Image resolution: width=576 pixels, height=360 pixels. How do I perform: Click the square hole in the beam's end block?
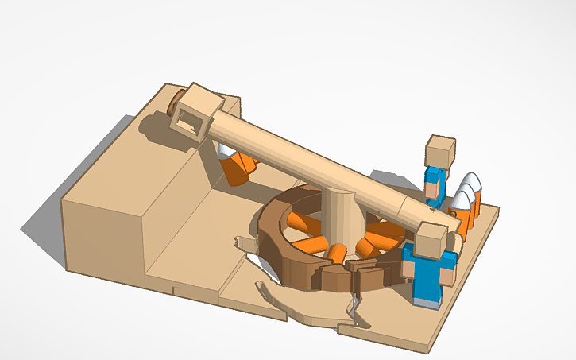click(x=191, y=122)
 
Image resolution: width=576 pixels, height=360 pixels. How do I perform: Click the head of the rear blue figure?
click(x=440, y=150)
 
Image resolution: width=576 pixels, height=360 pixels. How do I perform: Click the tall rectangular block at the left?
click(x=103, y=230)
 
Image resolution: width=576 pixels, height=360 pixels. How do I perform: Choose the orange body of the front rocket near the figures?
click(x=461, y=219)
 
